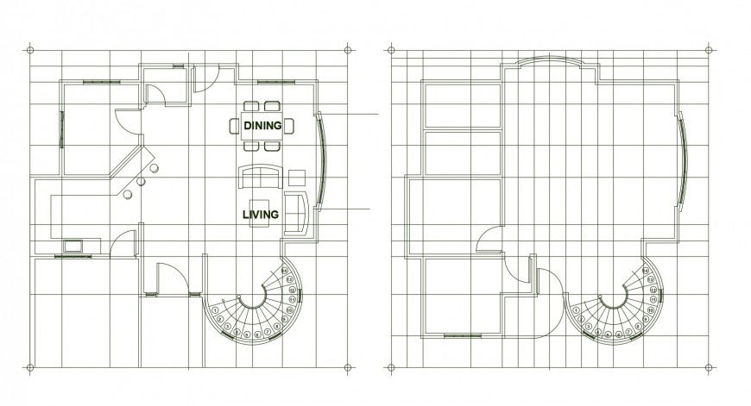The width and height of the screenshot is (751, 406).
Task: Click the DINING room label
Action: [262, 126]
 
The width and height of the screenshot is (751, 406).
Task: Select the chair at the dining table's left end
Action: [235, 126]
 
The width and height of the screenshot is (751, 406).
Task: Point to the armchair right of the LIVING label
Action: [296, 213]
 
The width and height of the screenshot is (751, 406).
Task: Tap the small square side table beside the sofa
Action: [297, 178]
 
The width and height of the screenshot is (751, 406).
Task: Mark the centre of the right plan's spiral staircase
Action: [614, 297]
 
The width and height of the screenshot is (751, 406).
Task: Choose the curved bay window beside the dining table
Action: [323, 160]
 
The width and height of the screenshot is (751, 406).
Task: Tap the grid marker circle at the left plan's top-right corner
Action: [347, 48]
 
